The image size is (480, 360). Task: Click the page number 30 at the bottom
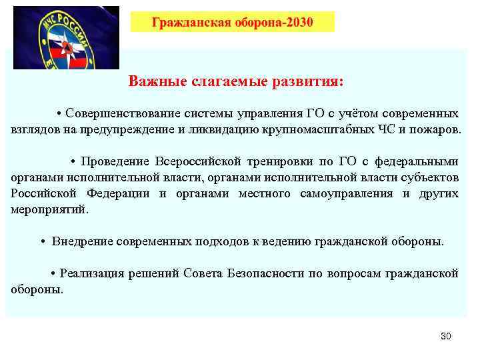point(446,336)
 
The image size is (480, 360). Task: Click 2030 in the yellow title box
point(299,23)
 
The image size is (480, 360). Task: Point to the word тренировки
point(281,162)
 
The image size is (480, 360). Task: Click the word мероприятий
point(49,209)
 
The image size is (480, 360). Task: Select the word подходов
point(219,241)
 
